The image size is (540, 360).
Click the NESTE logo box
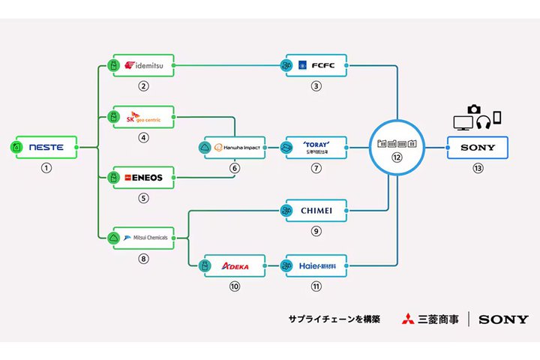point(46,148)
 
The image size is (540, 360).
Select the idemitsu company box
point(142,65)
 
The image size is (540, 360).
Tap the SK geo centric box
point(142,118)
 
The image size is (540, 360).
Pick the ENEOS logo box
point(142,178)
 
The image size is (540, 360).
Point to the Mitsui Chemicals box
point(142,238)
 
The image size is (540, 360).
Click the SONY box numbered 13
point(478,148)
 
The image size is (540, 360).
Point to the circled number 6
point(234,168)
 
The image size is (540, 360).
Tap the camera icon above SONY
point(474,110)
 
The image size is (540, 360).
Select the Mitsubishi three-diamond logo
point(407,319)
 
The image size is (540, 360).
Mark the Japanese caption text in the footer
point(334,319)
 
